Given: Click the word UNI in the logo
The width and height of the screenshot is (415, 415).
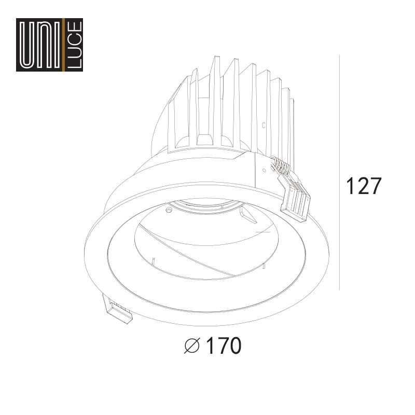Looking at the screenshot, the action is [40, 45].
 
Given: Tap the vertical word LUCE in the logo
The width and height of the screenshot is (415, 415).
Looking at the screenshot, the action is [75, 45].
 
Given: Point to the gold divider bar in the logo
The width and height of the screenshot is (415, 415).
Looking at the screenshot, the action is [63, 45].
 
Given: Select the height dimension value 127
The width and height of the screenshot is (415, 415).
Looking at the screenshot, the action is [364, 186].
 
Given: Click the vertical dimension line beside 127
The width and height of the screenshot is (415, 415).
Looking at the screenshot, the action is [340, 172].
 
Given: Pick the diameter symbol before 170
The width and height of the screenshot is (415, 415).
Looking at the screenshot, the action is [191, 345].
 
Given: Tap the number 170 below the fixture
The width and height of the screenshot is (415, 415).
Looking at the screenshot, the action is [224, 345].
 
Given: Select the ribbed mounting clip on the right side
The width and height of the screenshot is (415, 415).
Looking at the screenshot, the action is [294, 196].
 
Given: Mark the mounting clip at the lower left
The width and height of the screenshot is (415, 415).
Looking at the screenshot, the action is [119, 310].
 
